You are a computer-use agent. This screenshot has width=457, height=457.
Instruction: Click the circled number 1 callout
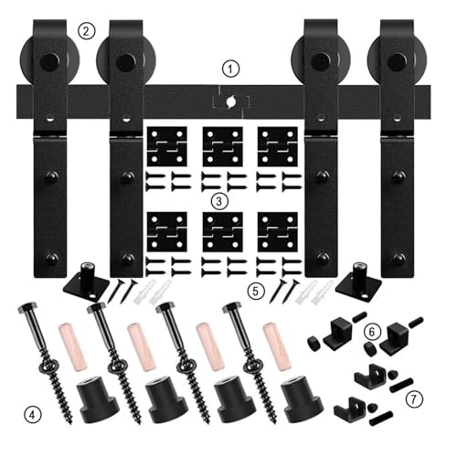pos(230,69)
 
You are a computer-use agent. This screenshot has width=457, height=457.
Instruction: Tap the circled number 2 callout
pos(87,31)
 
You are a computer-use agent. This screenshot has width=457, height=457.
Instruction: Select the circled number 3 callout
pos(219,201)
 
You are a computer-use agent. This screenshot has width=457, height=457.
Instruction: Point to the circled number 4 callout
pos(33,414)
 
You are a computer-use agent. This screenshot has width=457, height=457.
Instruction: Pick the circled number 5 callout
pos(255,292)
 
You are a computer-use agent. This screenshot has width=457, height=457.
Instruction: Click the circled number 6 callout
pos(372,332)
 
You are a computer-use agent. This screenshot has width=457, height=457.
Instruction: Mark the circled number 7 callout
pos(414,399)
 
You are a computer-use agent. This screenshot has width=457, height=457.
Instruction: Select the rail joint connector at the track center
pos(230,101)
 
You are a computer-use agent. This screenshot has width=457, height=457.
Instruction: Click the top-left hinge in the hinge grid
pos(167,146)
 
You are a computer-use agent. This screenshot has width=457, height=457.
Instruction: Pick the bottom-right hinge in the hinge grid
pos(278,232)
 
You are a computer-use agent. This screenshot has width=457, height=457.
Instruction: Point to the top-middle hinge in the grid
pos(223,146)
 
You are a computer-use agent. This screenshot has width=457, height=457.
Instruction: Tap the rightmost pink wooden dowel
pos(277,346)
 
